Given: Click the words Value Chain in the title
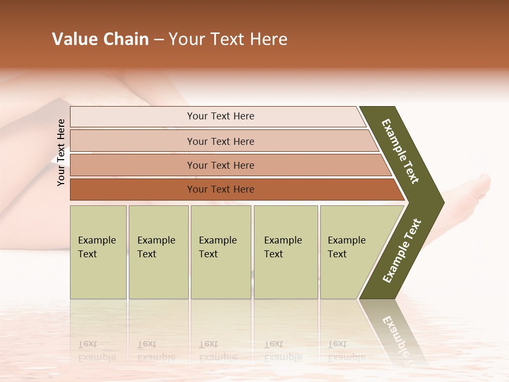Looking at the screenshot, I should tap(100, 39).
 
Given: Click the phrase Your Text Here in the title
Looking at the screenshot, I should tap(228, 39).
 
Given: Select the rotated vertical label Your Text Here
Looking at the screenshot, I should tap(61, 152).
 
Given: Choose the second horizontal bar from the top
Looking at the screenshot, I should tap(220, 141).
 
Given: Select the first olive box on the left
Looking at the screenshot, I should tap(98, 252).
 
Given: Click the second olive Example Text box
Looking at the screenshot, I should tap(158, 252).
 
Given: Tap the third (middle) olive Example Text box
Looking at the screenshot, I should tap(221, 252).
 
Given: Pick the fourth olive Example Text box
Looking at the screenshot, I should tap(285, 252).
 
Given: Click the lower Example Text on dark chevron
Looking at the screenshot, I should tap(402, 251).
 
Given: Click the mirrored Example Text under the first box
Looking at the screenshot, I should tap(96, 351).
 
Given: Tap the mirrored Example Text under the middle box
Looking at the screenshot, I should tap(217, 351).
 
